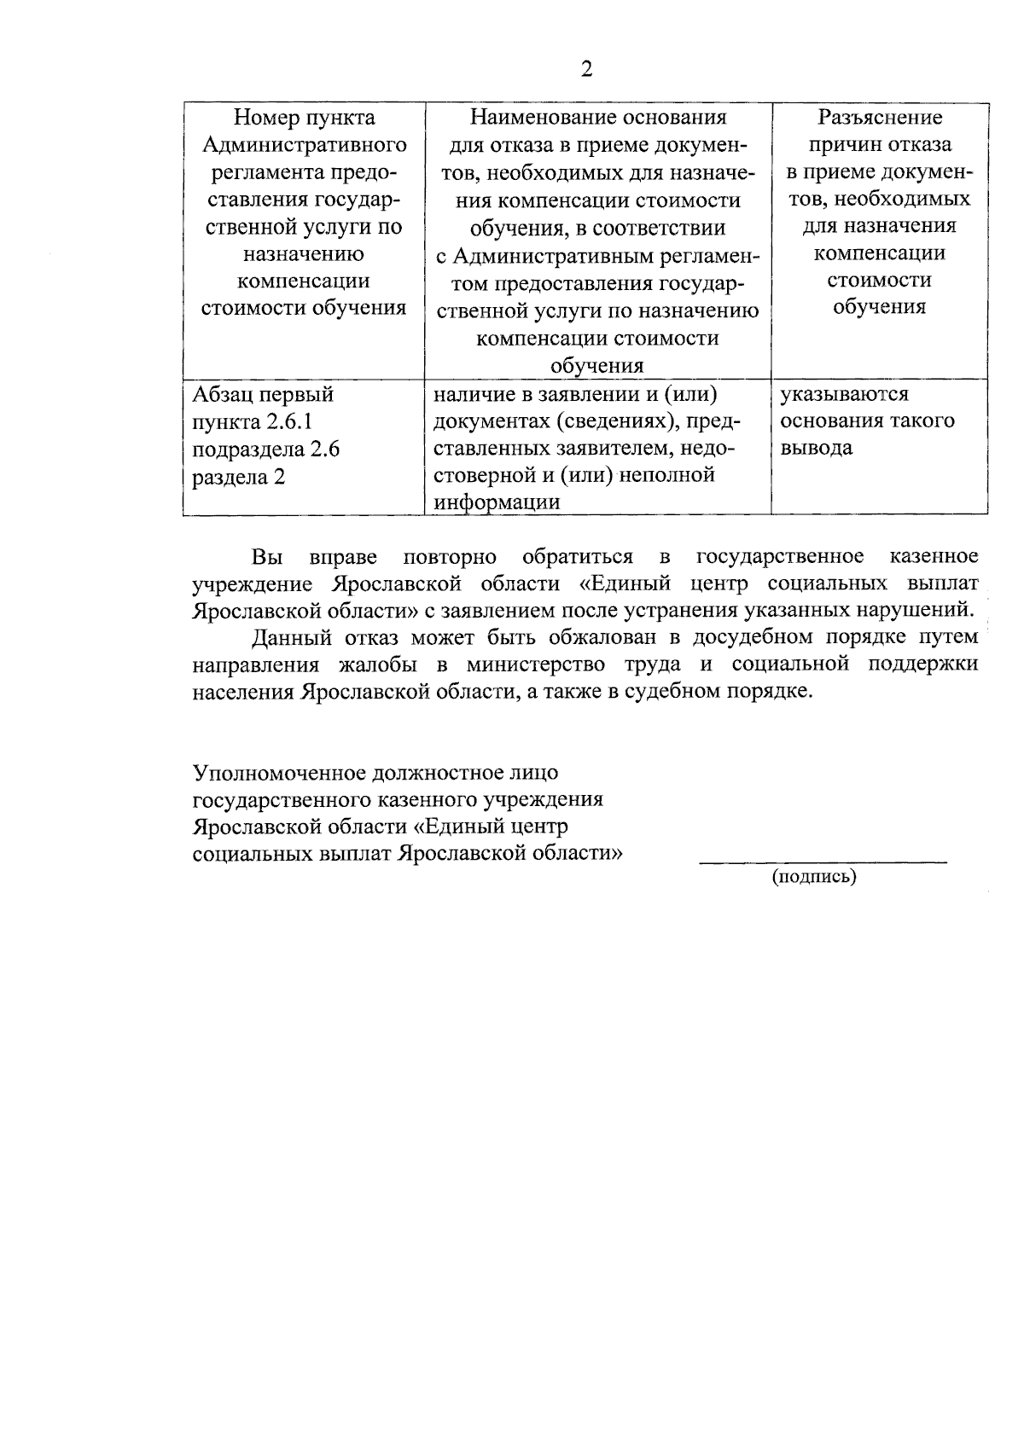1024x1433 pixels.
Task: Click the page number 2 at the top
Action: [x=586, y=69]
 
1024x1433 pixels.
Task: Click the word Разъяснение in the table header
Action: [x=880, y=118]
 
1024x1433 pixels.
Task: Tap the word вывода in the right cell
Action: [x=817, y=449]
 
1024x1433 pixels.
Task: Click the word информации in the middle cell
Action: [x=497, y=502]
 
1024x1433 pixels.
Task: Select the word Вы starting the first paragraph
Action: [x=267, y=557]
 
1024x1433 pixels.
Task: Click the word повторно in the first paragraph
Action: [x=449, y=557]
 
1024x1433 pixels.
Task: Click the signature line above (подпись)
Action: [x=823, y=862]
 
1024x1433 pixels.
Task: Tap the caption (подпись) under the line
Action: [x=814, y=877]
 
